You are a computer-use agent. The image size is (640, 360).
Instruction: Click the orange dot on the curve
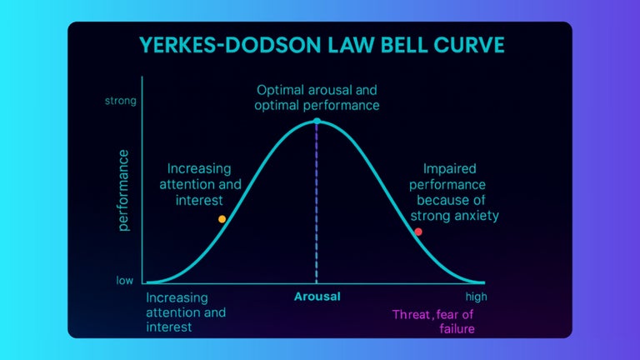222,219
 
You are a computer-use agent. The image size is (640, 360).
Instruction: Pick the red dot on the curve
418,232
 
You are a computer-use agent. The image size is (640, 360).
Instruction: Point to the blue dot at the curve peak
317,122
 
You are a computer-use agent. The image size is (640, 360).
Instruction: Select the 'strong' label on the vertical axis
119,102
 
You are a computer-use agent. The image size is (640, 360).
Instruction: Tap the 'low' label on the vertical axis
124,281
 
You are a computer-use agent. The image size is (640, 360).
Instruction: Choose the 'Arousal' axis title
317,297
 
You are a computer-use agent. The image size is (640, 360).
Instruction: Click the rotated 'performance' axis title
124,190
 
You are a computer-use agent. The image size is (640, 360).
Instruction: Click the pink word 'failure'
457,328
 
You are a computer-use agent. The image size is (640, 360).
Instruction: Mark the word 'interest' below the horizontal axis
169,327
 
